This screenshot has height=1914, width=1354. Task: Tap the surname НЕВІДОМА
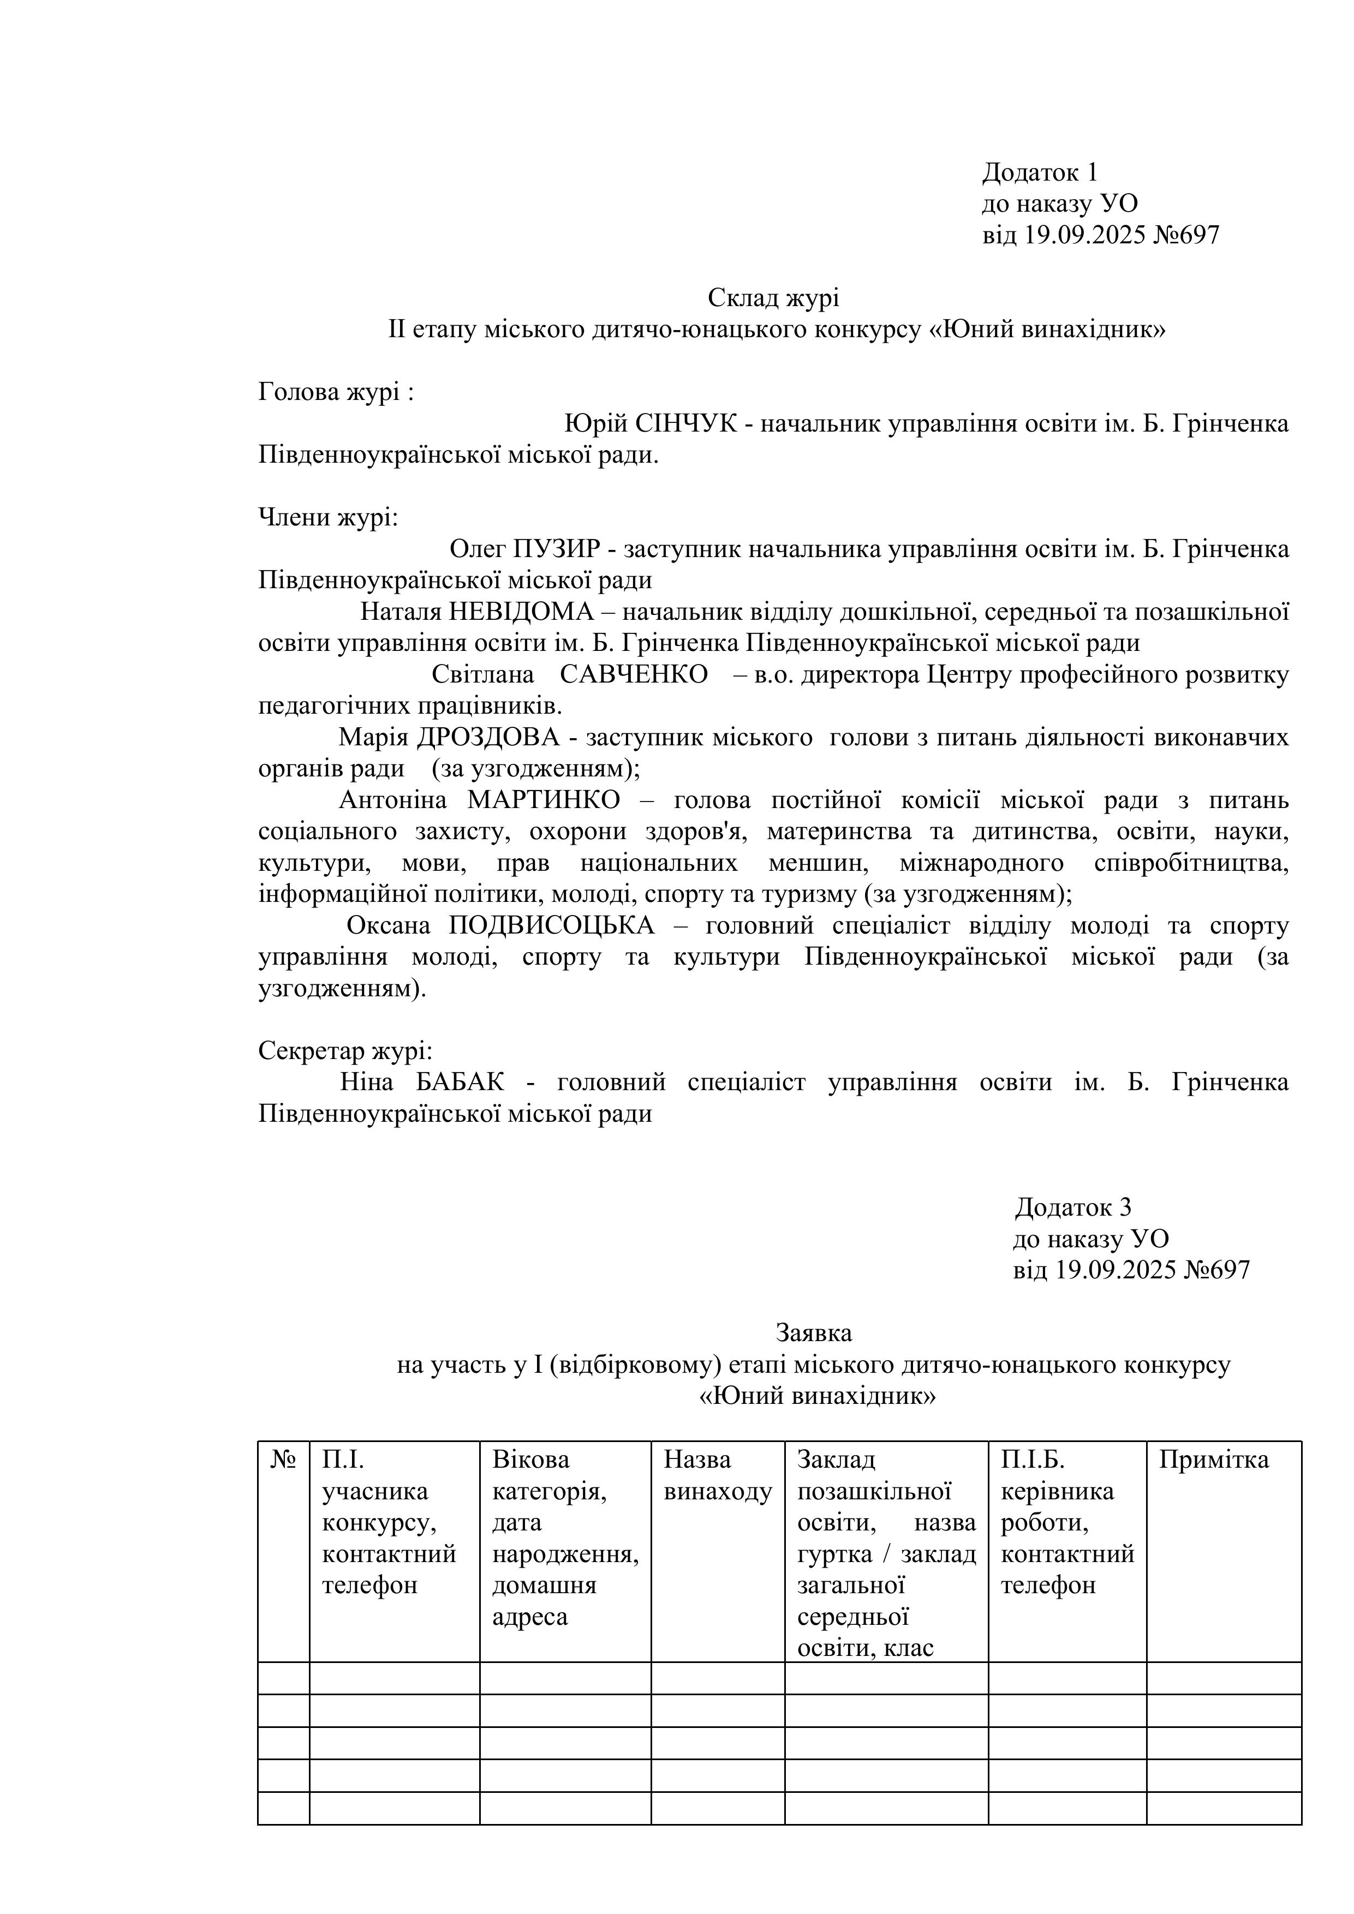pyautogui.click(x=521, y=612)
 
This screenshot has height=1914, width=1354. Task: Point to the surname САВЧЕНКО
pyautogui.click(x=634, y=674)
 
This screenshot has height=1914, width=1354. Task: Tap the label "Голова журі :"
pyautogui.click(x=336, y=392)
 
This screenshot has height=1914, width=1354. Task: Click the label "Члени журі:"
pyautogui.click(x=329, y=518)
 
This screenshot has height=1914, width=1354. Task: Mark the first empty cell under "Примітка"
pyautogui.click(x=1223, y=1678)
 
